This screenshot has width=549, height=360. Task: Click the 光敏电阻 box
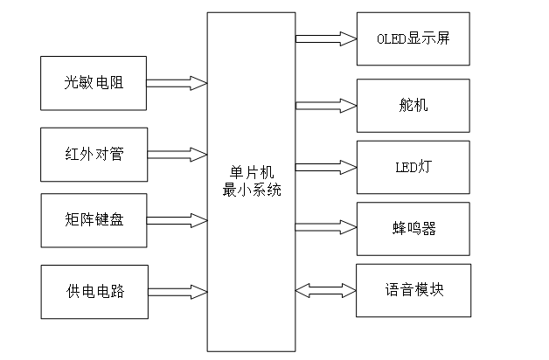(x=94, y=84)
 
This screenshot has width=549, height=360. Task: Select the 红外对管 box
(x=94, y=155)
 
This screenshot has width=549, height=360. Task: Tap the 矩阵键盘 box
(x=94, y=219)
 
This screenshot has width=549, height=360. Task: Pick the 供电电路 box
(x=94, y=291)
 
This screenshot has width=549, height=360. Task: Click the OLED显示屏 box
(x=413, y=38)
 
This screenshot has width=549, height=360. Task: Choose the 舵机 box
(x=413, y=105)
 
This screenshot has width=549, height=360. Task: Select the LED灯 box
(x=413, y=166)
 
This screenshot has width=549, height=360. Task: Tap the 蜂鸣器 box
(x=413, y=228)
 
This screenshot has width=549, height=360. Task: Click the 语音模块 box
(x=413, y=289)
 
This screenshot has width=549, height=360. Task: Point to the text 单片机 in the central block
(x=252, y=174)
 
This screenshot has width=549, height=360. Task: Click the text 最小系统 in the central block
(x=252, y=190)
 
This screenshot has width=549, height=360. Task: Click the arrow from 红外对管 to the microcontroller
(x=177, y=155)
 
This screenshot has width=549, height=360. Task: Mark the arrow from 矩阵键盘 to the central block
(x=177, y=219)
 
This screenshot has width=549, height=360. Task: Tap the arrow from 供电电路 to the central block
(x=177, y=291)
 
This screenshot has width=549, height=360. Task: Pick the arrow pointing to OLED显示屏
(x=326, y=38)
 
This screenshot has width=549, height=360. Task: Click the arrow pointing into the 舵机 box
(x=326, y=105)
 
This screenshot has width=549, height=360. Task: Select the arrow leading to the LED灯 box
(x=326, y=166)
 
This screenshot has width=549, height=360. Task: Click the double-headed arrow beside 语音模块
(x=326, y=289)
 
